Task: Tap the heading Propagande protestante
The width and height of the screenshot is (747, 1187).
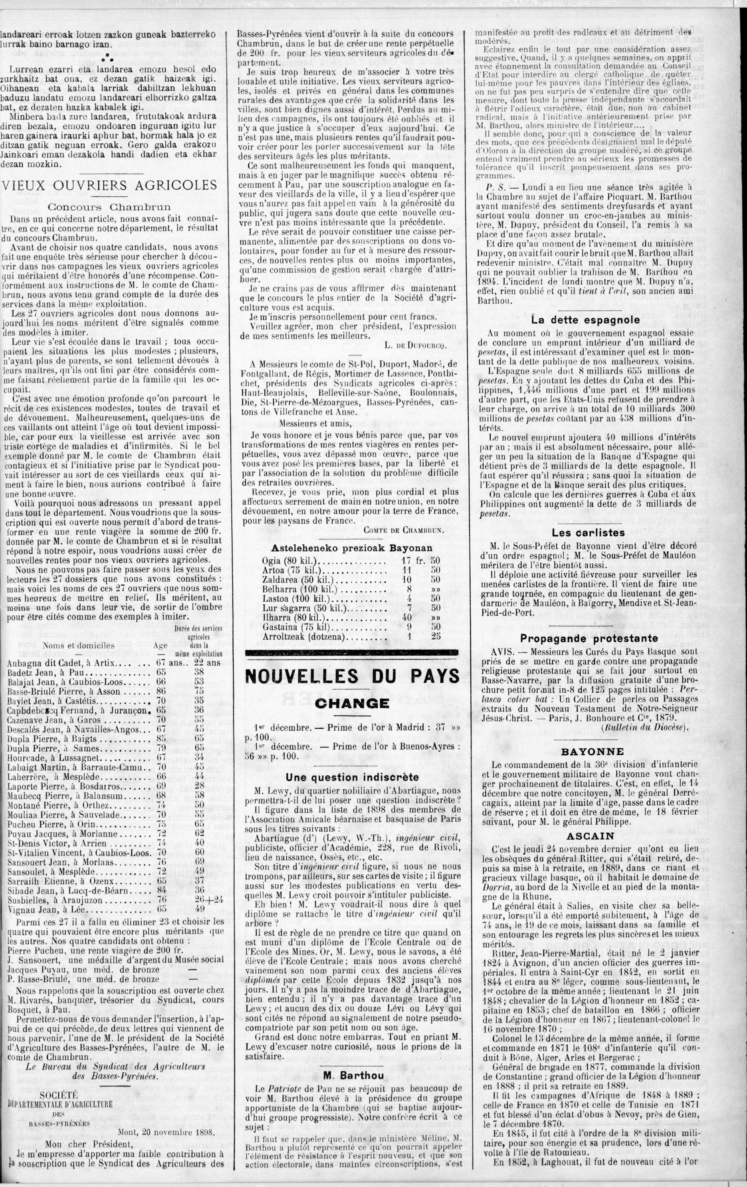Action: point(588,638)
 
